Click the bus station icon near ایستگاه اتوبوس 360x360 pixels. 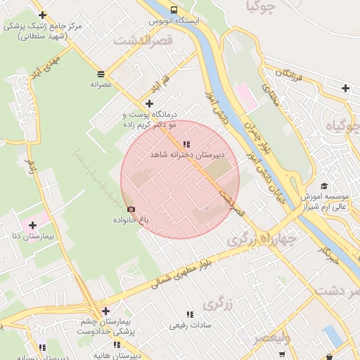point(174,10)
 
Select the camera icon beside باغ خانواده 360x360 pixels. point(131,209)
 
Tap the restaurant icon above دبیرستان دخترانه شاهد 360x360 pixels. point(186,143)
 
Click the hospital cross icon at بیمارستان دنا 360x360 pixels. point(32,225)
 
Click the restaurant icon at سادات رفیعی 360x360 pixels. point(188,314)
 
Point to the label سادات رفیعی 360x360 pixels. point(188,326)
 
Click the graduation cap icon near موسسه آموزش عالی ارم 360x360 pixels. point(324,186)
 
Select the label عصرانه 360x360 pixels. point(101,83)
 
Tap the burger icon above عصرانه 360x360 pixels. point(101,73)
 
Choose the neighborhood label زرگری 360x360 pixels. point(218,304)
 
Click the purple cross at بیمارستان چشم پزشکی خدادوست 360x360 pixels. point(105,311)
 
